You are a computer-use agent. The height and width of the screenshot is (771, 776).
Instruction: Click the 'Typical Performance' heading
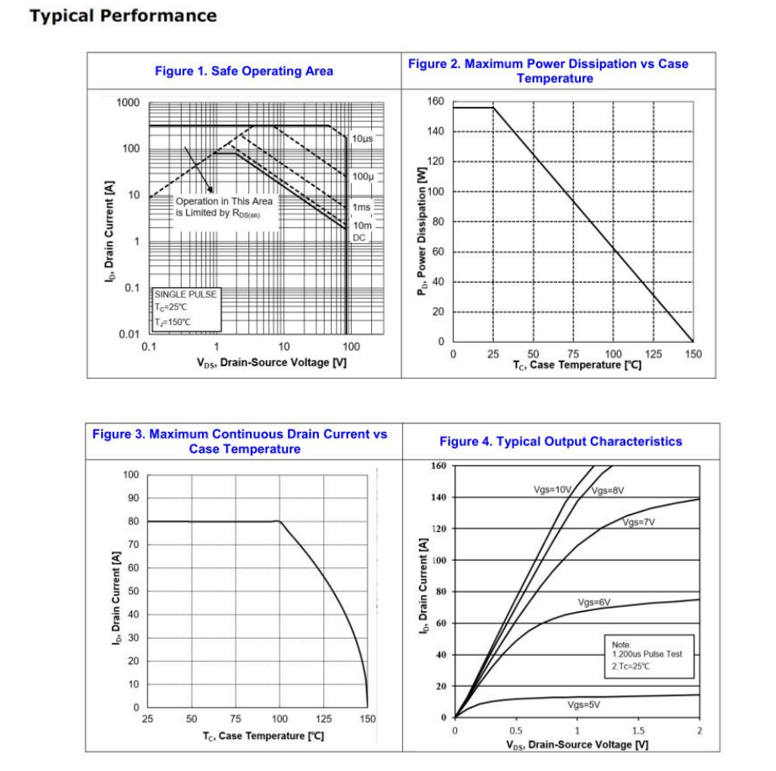[x=123, y=16]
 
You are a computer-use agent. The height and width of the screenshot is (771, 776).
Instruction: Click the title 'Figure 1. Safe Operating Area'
[x=243, y=72]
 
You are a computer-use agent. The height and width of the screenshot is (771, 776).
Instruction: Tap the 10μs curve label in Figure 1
[x=363, y=137]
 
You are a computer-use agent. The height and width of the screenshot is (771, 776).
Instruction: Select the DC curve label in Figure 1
[x=359, y=238]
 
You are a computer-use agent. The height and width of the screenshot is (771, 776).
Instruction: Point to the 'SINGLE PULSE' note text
[x=185, y=295]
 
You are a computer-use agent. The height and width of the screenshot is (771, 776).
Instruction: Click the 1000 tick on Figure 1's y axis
[x=128, y=103]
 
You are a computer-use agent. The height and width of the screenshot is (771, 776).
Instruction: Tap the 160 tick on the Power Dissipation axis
[x=434, y=102]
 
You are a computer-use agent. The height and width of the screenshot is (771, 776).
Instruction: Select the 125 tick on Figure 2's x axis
[x=652, y=354]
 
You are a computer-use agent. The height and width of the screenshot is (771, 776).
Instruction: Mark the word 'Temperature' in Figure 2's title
[x=555, y=79]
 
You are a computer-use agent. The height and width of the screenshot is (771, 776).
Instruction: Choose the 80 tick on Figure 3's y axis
[x=132, y=521]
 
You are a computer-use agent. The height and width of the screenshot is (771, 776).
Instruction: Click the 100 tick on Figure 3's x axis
[x=279, y=720]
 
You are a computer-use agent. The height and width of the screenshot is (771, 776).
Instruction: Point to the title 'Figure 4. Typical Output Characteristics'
[x=561, y=442]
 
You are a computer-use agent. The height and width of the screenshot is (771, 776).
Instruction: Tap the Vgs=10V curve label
[x=552, y=489]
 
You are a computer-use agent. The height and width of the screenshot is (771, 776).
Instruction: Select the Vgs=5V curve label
[x=585, y=705]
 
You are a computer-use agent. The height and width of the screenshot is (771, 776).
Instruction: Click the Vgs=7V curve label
[x=639, y=523]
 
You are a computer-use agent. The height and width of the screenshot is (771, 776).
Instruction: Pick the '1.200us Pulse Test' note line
[x=646, y=655]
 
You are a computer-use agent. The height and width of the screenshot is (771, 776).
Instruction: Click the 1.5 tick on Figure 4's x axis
[x=638, y=731]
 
